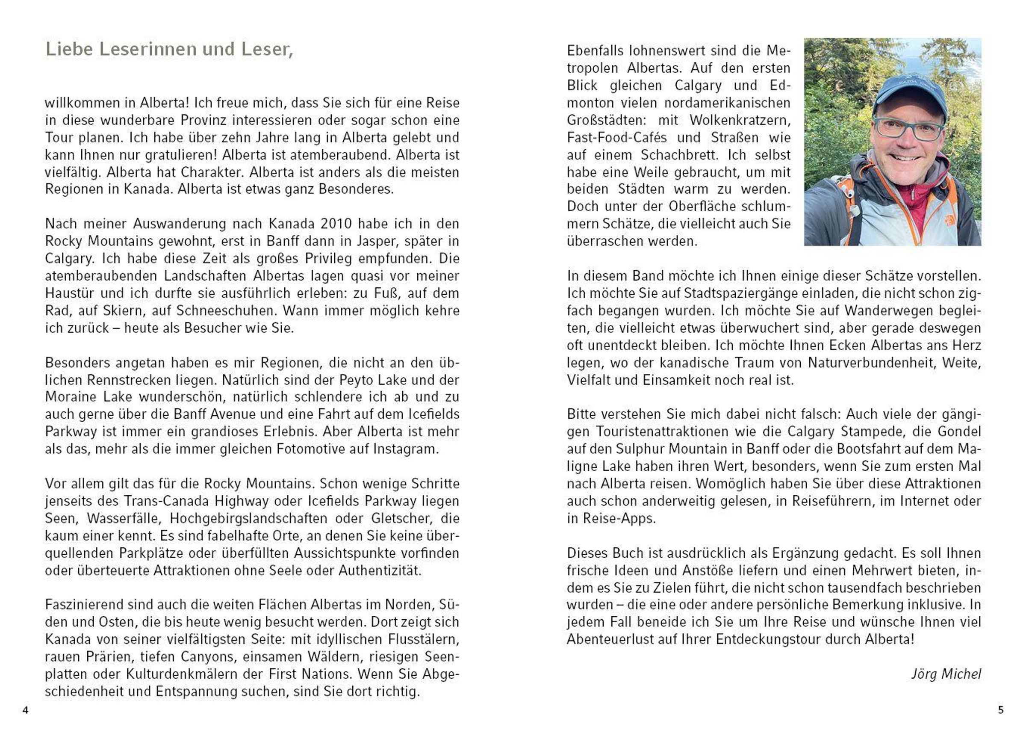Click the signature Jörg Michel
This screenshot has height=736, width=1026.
[946, 674]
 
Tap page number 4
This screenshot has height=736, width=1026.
[25, 710]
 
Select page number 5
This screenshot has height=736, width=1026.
[1001, 710]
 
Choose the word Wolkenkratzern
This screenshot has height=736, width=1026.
[740, 121]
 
